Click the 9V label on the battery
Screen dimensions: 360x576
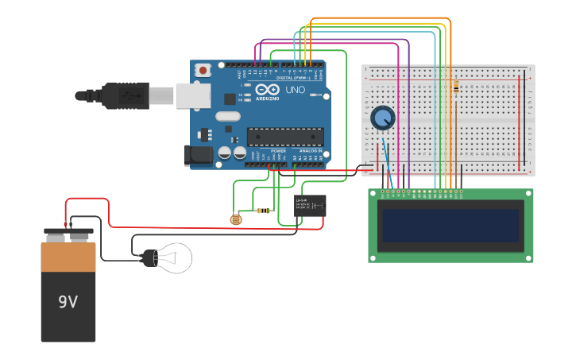pos(68,302)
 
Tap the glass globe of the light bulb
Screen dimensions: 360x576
pos(176,257)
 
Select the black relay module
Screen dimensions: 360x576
pos(310,206)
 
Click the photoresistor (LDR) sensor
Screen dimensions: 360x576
pos(235,219)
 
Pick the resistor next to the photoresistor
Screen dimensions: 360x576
pos(263,211)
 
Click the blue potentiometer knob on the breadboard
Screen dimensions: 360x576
pos(382,118)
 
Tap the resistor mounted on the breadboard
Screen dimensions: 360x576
pos(455,87)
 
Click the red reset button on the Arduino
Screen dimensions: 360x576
pos(203,70)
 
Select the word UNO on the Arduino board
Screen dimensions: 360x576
pos(295,91)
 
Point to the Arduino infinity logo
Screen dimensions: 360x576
pos(268,89)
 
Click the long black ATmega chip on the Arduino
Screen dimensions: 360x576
pos(285,136)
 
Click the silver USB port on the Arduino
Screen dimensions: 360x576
pos(192,95)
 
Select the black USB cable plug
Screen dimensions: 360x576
pos(127,95)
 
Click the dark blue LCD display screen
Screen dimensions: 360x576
pos(450,226)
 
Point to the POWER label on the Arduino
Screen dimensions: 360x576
pos(278,150)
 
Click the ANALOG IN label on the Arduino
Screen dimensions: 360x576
pos(311,150)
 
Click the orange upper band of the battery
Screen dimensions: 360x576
pos(68,257)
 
